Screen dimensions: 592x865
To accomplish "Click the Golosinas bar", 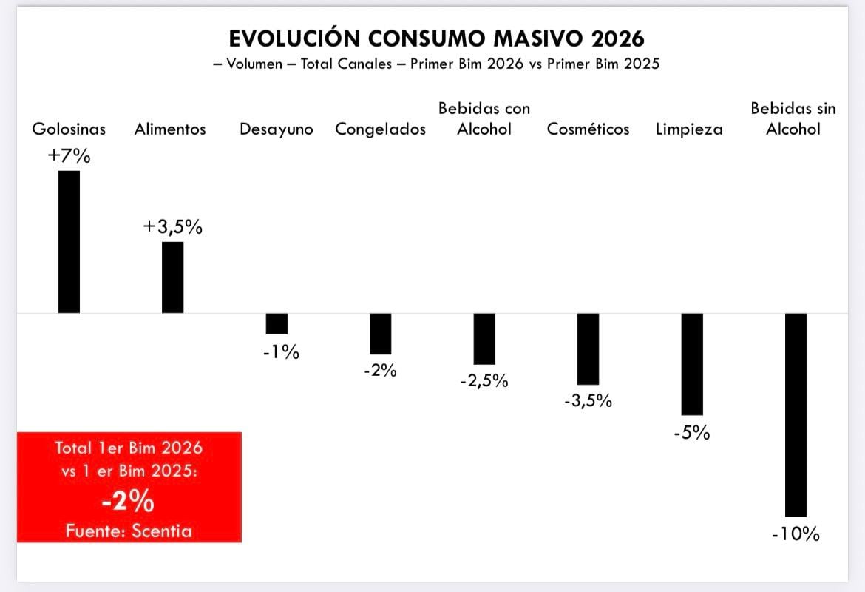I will pos(69,242).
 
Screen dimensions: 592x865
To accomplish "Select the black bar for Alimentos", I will pos(172,277).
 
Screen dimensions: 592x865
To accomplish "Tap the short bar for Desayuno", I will pos(277,324).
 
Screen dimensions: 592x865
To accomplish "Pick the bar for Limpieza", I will pos(692,364).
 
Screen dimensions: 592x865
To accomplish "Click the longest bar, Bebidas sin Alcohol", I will pos(796,415).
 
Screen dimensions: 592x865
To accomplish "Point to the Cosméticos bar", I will pos(588,349).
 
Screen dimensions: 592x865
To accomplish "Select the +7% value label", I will pos(68,156).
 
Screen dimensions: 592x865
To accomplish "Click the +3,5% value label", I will pos(172,227).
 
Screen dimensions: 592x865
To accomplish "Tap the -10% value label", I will pos(796,534).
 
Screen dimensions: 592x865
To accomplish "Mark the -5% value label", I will pos(692,433).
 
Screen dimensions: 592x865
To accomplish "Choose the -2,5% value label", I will pos(484,381).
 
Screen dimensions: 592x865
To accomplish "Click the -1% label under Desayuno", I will pos(281,352).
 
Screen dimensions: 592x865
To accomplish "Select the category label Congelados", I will pos(381,129).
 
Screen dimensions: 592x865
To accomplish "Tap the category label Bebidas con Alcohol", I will pos(484,118).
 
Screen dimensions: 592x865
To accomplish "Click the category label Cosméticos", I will pos(588,129).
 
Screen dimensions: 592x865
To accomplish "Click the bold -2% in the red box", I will pos(129,502).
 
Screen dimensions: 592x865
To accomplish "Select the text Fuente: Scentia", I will pos(129,531).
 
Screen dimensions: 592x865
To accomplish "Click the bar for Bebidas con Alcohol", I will pos(484,339).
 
